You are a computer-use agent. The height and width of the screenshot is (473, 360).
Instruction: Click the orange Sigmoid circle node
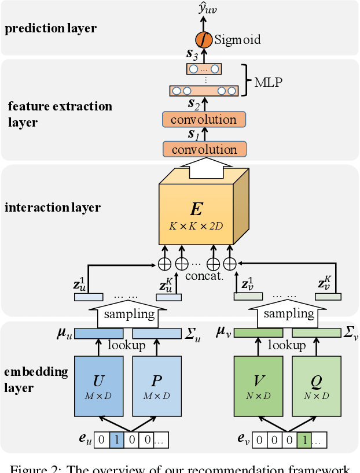point(203,39)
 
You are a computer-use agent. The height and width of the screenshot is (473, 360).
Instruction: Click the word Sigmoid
point(237,39)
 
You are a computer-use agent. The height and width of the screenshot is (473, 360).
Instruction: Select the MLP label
point(268,82)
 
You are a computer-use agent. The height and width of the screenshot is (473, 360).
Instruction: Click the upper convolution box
point(204,120)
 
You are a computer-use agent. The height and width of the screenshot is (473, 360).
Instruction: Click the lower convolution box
point(204,149)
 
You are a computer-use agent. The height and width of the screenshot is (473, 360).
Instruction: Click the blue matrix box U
point(99,386)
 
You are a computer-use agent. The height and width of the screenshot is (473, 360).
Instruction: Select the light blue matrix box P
point(157,386)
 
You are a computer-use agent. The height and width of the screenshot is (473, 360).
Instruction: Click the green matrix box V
point(258,386)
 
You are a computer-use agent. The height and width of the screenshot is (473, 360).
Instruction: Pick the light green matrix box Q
point(316,386)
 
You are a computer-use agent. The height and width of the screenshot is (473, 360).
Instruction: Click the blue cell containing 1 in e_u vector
point(116,440)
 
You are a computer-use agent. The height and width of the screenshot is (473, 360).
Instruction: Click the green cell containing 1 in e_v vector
point(304,440)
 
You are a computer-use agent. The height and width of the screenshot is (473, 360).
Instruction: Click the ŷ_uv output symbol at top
point(204,9)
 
